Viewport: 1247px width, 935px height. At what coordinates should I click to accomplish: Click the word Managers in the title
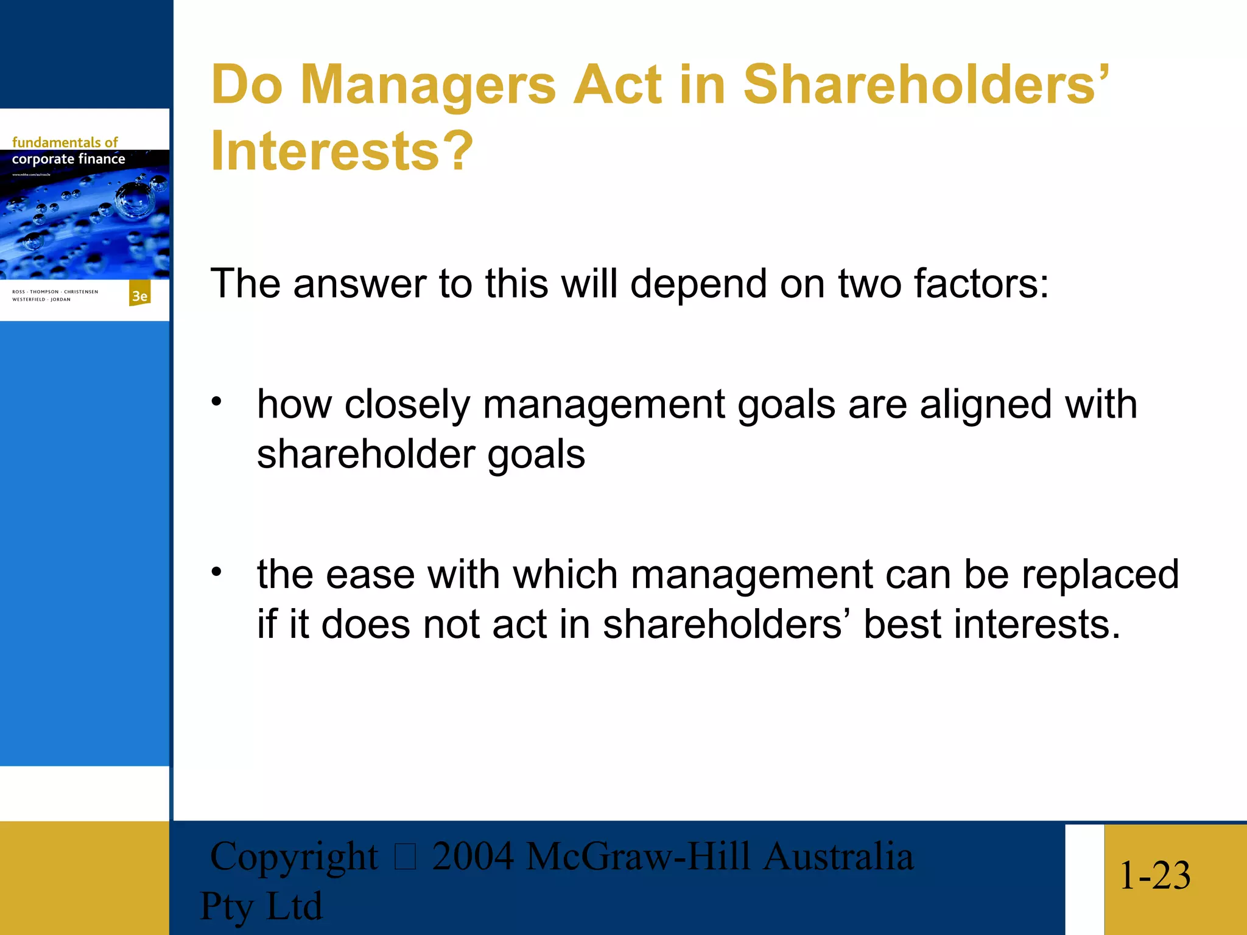428,85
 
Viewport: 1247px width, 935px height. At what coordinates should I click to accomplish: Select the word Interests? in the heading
342,151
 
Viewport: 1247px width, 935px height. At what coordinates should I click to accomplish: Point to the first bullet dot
217,402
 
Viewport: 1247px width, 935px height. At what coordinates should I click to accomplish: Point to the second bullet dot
217,572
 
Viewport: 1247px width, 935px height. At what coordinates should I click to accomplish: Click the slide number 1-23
1154,875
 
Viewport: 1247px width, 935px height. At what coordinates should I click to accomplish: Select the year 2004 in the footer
472,856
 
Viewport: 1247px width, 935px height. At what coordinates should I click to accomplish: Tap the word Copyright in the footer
293,856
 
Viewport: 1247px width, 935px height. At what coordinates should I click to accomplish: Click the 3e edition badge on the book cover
139,295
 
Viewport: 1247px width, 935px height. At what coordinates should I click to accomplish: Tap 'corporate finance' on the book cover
68,159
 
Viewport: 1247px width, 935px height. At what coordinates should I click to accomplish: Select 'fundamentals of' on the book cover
65,142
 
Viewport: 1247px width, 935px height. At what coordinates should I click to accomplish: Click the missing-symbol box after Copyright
405,857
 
